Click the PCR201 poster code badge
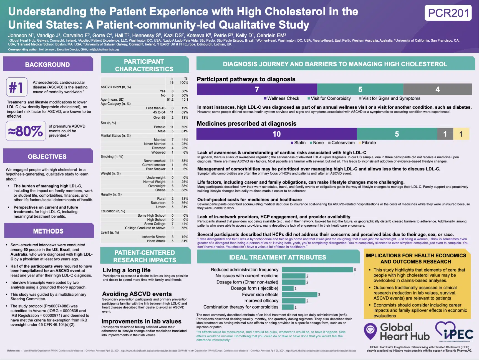coord(448,13)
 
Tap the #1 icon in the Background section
coord(17,87)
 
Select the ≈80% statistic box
coord(26,131)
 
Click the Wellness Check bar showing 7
coord(257,89)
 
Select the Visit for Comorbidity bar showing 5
coord(360,89)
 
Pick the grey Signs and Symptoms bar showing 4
coord(437,89)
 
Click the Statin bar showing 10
coord(276,134)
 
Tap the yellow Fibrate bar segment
coord(461,134)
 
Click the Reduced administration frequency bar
coord(317,270)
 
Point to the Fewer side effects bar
coord(299,295)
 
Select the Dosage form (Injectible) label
coord(254,288)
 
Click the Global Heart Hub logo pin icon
coord(370,331)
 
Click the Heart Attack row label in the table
coord(156,241)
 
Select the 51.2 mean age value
coord(170,100)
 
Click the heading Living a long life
coord(127,270)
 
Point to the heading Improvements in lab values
coord(141,321)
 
